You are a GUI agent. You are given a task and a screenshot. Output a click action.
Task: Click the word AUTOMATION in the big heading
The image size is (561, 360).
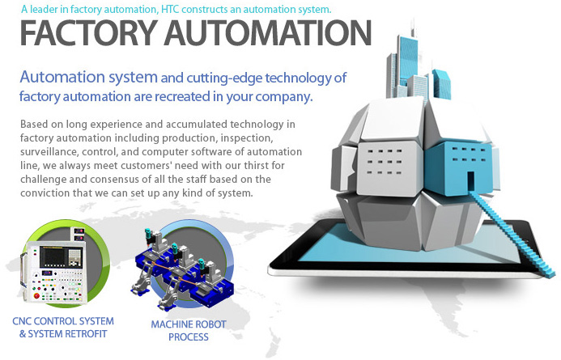(x=268, y=33)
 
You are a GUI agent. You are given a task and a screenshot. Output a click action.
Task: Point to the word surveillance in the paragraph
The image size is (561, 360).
(x=49, y=151)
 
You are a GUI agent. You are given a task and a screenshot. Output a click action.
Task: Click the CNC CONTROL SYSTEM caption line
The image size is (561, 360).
(x=63, y=321)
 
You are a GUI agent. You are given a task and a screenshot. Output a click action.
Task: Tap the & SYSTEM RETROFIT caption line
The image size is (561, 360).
(x=63, y=334)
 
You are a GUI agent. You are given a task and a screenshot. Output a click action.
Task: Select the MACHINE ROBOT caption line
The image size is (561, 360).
(x=189, y=324)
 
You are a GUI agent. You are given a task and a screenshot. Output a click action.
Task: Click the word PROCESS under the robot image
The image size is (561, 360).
(x=189, y=337)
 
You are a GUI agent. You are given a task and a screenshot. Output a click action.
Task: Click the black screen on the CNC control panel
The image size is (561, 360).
(x=53, y=256)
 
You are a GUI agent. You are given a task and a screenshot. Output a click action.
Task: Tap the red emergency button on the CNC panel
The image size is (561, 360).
(x=36, y=296)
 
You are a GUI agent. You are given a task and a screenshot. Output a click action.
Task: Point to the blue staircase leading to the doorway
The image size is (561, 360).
(x=512, y=234)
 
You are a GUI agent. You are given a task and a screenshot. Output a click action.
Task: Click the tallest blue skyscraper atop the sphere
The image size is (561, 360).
(x=409, y=59)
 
